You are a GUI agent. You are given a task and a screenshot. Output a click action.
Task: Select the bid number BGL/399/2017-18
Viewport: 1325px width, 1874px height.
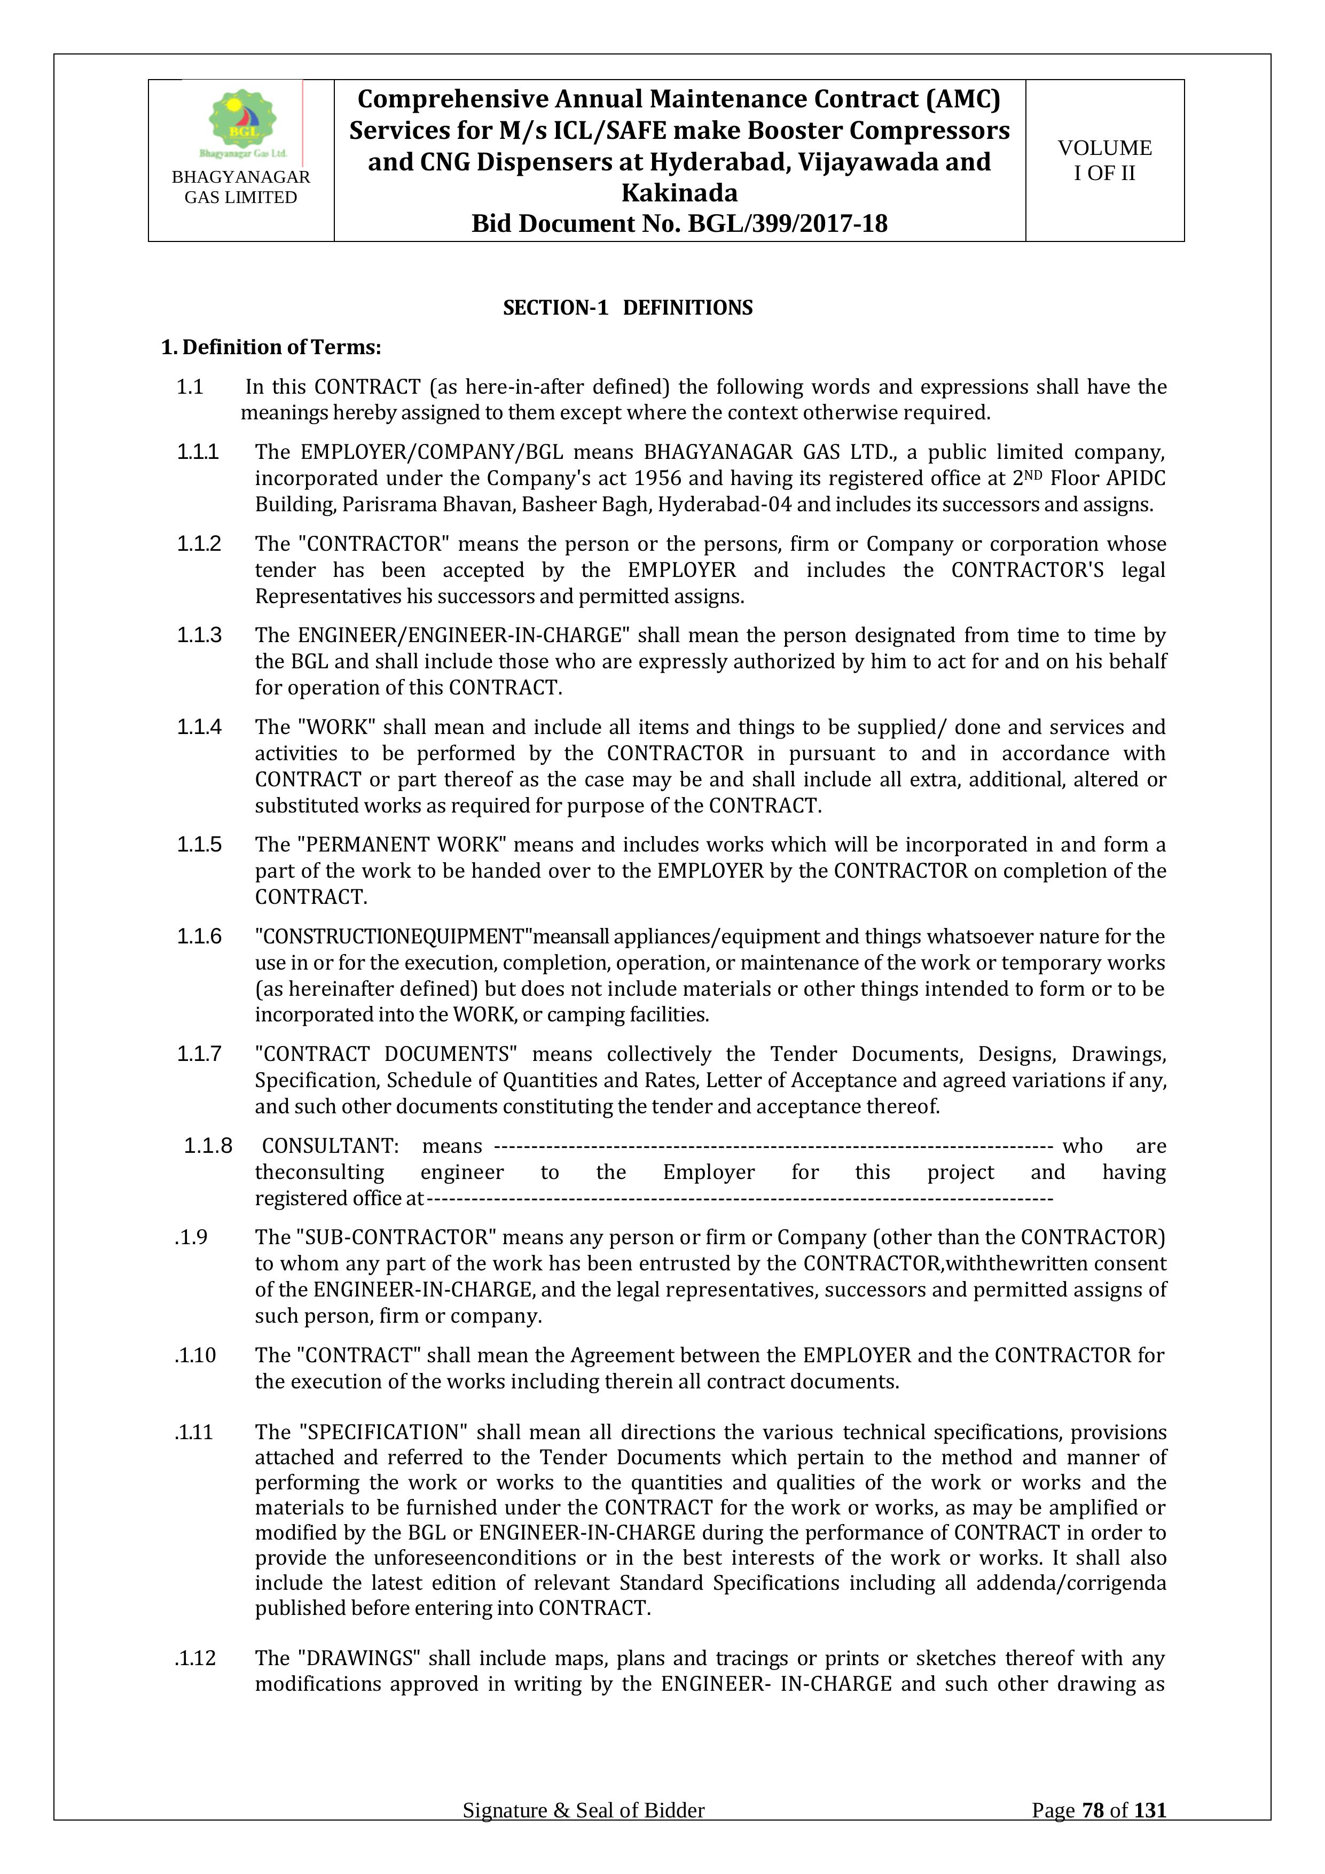pyautogui.click(x=787, y=224)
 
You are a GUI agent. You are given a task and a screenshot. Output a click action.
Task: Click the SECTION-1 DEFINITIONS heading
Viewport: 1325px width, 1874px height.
pyautogui.click(x=628, y=308)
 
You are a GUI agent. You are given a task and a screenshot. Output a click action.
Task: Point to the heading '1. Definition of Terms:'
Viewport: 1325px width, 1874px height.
pyautogui.click(x=271, y=348)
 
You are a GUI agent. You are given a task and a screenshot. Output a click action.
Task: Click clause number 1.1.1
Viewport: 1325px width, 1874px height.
pyautogui.click(x=198, y=452)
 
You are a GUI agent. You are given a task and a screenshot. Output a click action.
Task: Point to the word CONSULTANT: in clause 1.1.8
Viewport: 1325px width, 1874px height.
pyautogui.click(x=331, y=1146)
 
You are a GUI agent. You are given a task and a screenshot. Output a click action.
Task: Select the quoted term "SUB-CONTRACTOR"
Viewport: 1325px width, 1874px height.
pyautogui.click(x=396, y=1237)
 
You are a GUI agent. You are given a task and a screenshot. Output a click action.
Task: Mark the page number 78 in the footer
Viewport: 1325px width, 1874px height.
pyautogui.click(x=1093, y=1810)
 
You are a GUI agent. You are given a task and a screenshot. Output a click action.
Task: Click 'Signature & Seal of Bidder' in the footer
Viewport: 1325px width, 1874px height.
pyautogui.click(x=583, y=1811)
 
